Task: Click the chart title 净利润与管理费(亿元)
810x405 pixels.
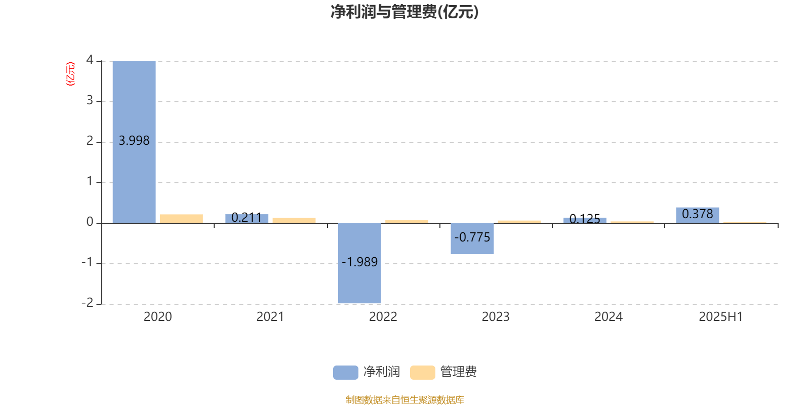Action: [x=404, y=12]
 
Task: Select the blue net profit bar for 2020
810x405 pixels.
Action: [x=134, y=142]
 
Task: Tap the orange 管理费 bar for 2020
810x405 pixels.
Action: [x=181, y=219]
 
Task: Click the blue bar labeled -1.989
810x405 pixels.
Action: [x=359, y=263]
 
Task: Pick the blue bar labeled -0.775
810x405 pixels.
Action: [x=472, y=238]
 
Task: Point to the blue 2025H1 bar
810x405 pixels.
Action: [x=698, y=215]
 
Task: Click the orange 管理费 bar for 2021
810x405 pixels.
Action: [x=294, y=221]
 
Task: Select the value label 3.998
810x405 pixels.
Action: [x=134, y=140]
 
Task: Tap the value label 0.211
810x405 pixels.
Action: [x=247, y=217]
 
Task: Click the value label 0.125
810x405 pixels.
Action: [x=585, y=219]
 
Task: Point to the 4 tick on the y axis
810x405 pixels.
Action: [x=90, y=60]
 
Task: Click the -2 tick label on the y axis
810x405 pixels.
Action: [x=88, y=302]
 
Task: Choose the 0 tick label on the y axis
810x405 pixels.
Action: [x=90, y=222]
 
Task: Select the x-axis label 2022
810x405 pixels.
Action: [x=383, y=317]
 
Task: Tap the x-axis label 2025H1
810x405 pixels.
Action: [x=721, y=317]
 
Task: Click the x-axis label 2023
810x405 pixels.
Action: [x=496, y=317]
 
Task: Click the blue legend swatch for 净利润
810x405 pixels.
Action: [x=346, y=373]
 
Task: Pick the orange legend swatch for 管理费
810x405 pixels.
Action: [x=422, y=373]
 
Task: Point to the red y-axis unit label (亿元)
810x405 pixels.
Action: [x=70, y=74]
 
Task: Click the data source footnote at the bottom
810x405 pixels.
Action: [x=404, y=399]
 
